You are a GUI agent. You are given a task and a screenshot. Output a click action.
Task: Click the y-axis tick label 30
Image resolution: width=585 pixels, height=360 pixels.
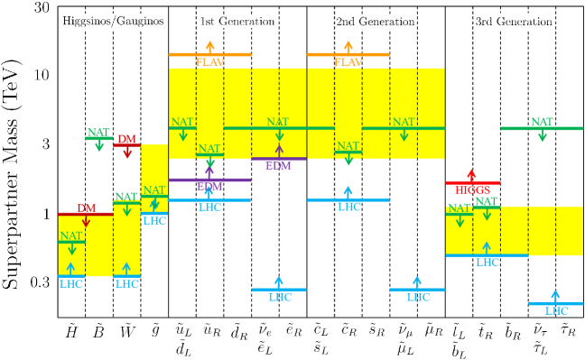(x=40, y=7)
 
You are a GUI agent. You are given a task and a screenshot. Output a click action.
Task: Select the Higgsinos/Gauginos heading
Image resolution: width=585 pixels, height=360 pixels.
(x=98, y=21)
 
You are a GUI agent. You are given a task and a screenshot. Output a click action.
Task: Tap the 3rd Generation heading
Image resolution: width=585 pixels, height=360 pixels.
(x=514, y=21)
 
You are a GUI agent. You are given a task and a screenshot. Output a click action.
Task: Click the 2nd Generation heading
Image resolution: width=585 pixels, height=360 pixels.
(x=375, y=21)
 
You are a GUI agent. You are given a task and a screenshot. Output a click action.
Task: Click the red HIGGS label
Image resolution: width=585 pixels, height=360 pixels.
(x=473, y=190)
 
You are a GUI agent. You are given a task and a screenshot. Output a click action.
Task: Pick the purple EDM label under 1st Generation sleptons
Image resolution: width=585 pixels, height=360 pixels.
(x=279, y=165)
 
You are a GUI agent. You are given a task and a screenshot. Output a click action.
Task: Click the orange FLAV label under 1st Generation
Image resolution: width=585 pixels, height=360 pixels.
(x=209, y=62)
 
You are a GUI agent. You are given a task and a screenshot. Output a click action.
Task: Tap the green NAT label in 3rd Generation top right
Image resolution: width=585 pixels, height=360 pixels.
(x=542, y=122)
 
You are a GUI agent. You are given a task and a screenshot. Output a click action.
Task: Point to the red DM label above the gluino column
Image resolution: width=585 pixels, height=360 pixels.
(x=126, y=139)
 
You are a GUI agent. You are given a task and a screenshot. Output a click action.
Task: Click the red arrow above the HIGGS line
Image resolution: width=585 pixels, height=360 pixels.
(x=469, y=174)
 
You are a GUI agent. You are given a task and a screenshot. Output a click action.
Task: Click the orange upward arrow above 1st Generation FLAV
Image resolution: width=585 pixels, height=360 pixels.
(x=210, y=45)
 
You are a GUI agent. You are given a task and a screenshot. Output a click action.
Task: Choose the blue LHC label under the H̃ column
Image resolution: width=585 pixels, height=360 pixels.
(x=71, y=283)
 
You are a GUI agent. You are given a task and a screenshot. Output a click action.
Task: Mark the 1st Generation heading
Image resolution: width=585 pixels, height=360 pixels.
(x=226, y=21)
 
